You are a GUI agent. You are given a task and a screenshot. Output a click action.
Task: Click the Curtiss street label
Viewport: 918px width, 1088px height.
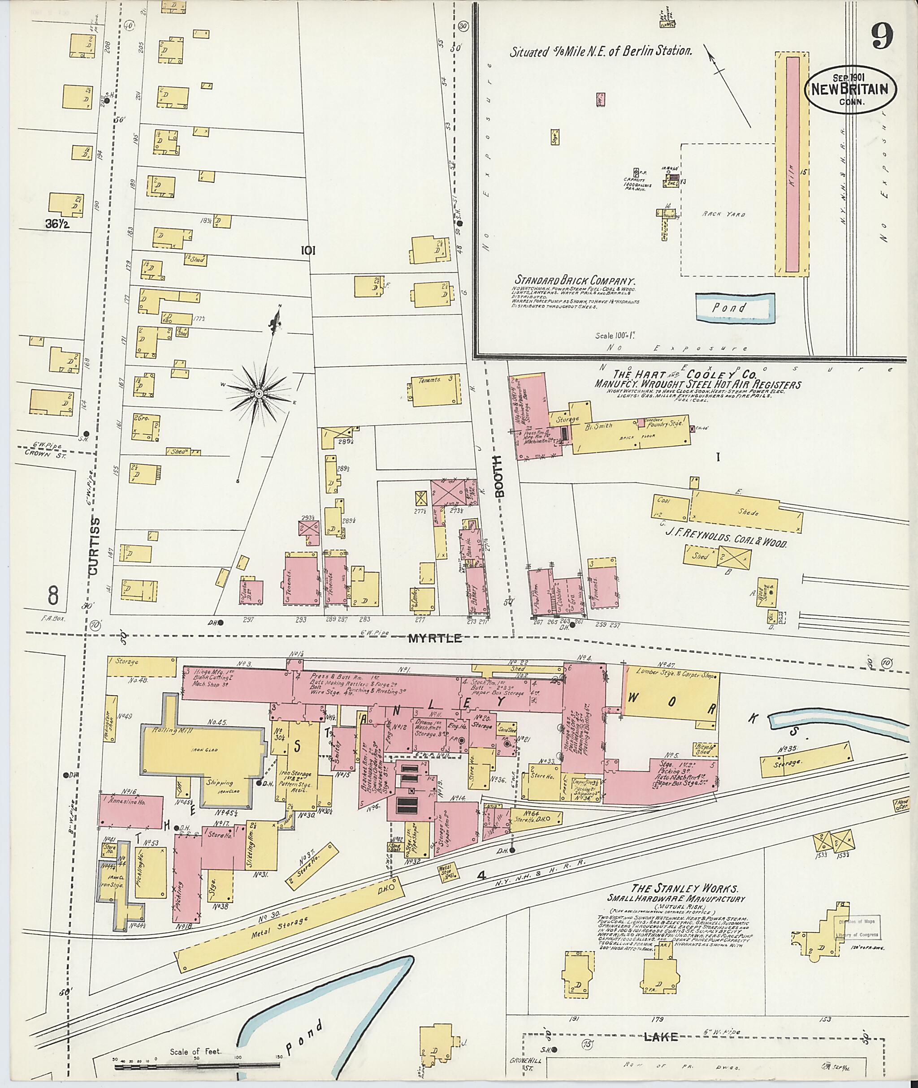click(x=93, y=546)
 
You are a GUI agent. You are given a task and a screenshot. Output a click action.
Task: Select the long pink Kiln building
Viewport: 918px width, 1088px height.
click(x=792, y=164)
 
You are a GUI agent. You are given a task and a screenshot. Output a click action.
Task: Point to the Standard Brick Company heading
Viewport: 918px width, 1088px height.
click(x=576, y=280)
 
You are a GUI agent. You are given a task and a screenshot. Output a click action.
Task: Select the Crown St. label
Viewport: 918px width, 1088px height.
click(x=39, y=452)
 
